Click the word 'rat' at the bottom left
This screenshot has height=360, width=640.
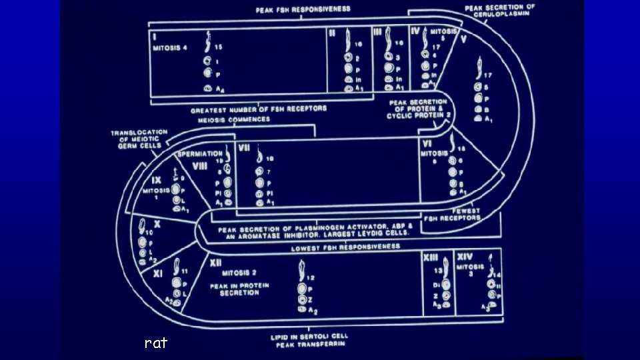coord(156,343)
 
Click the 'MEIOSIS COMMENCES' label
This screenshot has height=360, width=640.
coord(234,119)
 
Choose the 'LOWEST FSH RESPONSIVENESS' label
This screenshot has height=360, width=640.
coord(345,247)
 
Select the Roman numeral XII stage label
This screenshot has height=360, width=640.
coord(217,263)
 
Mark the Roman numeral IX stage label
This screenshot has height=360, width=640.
coord(156,181)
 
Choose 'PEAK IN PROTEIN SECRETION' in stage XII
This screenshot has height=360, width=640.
coord(239,289)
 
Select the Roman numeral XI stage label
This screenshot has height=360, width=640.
coord(157,274)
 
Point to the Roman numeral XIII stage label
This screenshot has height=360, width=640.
coord(431,257)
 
